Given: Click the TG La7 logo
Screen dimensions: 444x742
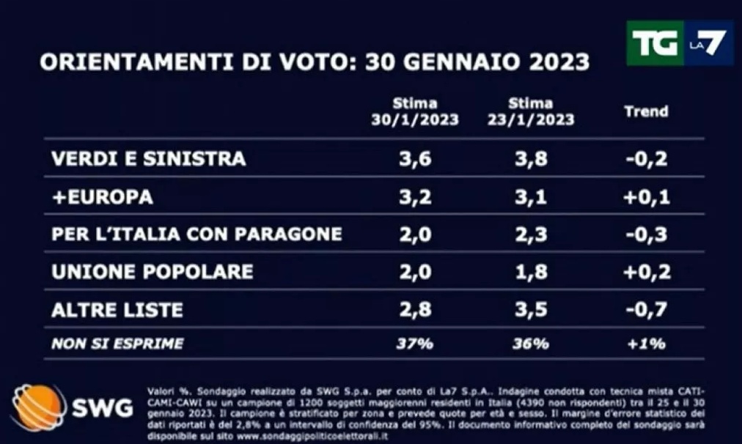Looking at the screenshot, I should pos(679,43).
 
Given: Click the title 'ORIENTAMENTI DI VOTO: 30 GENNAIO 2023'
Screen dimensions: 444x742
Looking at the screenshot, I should pos(315,62).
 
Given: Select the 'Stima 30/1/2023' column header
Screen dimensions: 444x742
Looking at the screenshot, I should pos(414,111).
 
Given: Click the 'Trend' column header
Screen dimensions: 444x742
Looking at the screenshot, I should pos(646,111).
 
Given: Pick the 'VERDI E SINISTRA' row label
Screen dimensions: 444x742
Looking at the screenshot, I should pos(149,159).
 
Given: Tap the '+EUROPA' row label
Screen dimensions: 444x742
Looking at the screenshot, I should pos(103,197).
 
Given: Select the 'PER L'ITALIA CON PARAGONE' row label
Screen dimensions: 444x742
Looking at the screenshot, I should pos(196,234).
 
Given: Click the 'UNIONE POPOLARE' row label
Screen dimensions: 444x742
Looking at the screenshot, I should pos(153,272).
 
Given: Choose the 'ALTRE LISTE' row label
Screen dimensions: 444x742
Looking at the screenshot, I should pos(117,310).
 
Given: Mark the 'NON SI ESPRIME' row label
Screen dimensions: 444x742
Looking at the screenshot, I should pos(117,343).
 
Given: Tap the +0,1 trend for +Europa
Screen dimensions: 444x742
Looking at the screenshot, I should pos(646,197).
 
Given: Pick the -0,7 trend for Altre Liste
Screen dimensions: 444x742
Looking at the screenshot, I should pos(646,310).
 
